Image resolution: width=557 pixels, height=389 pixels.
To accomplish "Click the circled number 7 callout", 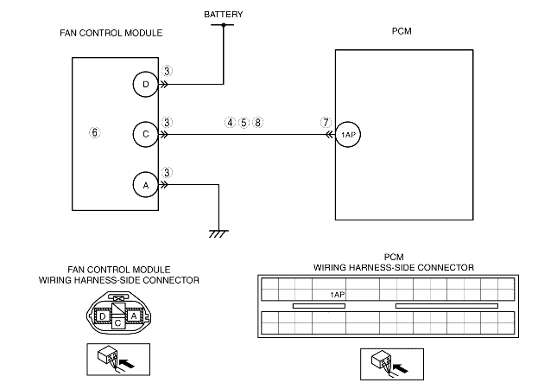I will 326,123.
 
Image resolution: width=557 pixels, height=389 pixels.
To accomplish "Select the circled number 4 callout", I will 230,123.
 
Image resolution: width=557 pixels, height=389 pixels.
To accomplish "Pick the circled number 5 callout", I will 244,123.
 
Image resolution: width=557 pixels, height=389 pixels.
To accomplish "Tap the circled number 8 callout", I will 258,123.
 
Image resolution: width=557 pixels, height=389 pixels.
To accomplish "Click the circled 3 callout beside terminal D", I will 168,72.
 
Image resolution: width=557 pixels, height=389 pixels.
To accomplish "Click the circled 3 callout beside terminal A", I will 168,172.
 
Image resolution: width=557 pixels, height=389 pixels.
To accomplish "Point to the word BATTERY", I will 223,15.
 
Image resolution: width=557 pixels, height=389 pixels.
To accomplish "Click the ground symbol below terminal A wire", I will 218,233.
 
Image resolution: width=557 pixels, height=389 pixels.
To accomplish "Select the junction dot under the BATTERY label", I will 223,25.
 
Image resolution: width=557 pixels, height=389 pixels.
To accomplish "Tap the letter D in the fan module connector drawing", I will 103,316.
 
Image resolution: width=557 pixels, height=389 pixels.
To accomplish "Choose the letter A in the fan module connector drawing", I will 135,316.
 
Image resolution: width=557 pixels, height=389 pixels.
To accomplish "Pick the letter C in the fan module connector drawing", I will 118,322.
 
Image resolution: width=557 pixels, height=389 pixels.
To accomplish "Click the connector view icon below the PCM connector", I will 381,363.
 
